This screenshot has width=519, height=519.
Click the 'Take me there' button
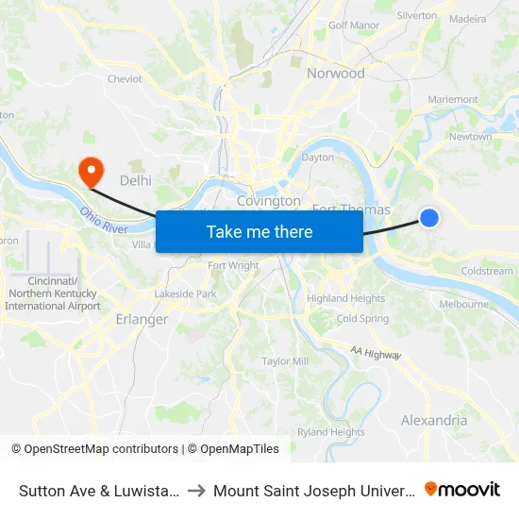tap(259, 231)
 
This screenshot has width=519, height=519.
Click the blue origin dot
tap(428, 218)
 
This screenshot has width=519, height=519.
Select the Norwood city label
tap(335, 73)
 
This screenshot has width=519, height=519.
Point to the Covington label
tap(268, 201)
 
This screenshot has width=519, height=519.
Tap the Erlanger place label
tap(142, 319)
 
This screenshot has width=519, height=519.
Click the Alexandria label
tap(433, 420)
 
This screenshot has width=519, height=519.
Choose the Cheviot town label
tap(125, 79)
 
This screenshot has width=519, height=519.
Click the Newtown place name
tap(470, 137)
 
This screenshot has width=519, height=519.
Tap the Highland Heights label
tap(345, 298)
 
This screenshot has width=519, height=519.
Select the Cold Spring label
tap(362, 319)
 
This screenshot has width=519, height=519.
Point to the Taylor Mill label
tap(285, 361)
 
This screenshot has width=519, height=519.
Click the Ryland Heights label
tap(331, 432)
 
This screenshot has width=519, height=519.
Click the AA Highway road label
tap(376, 353)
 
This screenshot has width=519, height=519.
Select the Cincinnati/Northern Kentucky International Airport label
tap(52, 293)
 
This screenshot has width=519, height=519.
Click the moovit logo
tap(462, 489)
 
